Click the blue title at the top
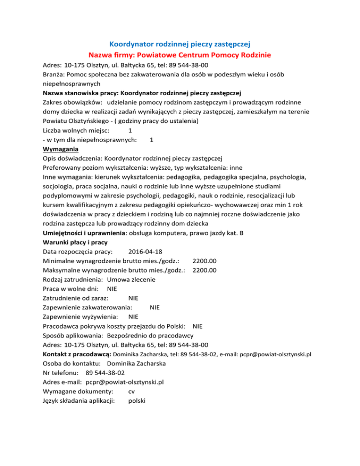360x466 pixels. tap(180, 45)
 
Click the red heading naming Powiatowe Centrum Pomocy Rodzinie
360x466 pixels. tap(180, 55)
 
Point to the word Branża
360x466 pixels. tap(53, 74)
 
